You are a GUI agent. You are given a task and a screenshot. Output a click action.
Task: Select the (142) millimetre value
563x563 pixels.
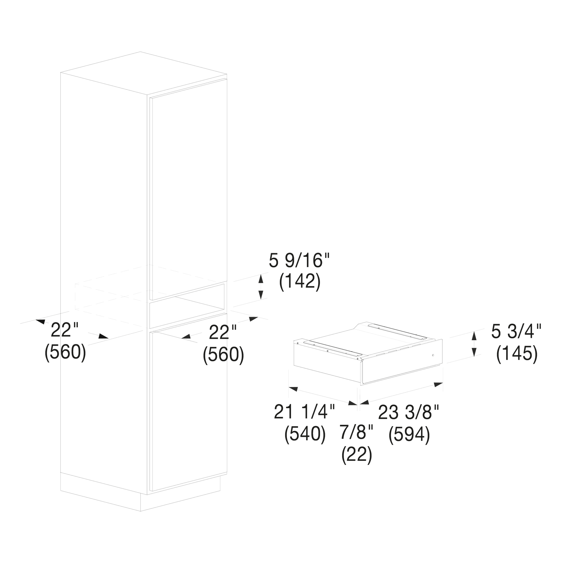300,282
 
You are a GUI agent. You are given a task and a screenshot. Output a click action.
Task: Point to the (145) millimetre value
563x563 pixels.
517,354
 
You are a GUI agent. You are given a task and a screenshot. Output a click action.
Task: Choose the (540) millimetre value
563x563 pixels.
305,435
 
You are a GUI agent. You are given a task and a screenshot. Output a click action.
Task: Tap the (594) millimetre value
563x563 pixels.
409,435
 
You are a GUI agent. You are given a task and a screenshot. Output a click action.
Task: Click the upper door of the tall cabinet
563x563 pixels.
188,189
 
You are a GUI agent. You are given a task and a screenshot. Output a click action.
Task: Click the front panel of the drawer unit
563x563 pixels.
402,362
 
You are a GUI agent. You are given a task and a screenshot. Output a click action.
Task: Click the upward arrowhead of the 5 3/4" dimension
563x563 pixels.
474,336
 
